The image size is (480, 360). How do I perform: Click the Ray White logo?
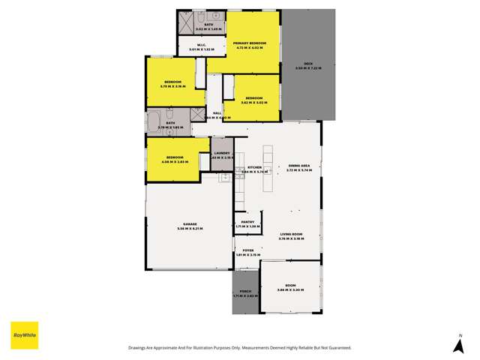[x=24, y=334]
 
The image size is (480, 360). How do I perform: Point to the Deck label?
[x=307, y=66]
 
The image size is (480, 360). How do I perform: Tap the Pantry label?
[x=247, y=223]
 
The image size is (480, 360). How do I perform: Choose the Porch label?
[x=244, y=292]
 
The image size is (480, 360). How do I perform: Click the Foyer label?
[x=247, y=250]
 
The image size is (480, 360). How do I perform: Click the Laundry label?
[x=222, y=154]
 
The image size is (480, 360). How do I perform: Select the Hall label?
[x=217, y=113]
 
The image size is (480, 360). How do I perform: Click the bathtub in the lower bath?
[x=154, y=121]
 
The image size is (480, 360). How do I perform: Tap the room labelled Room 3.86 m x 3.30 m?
[x=290, y=286]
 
